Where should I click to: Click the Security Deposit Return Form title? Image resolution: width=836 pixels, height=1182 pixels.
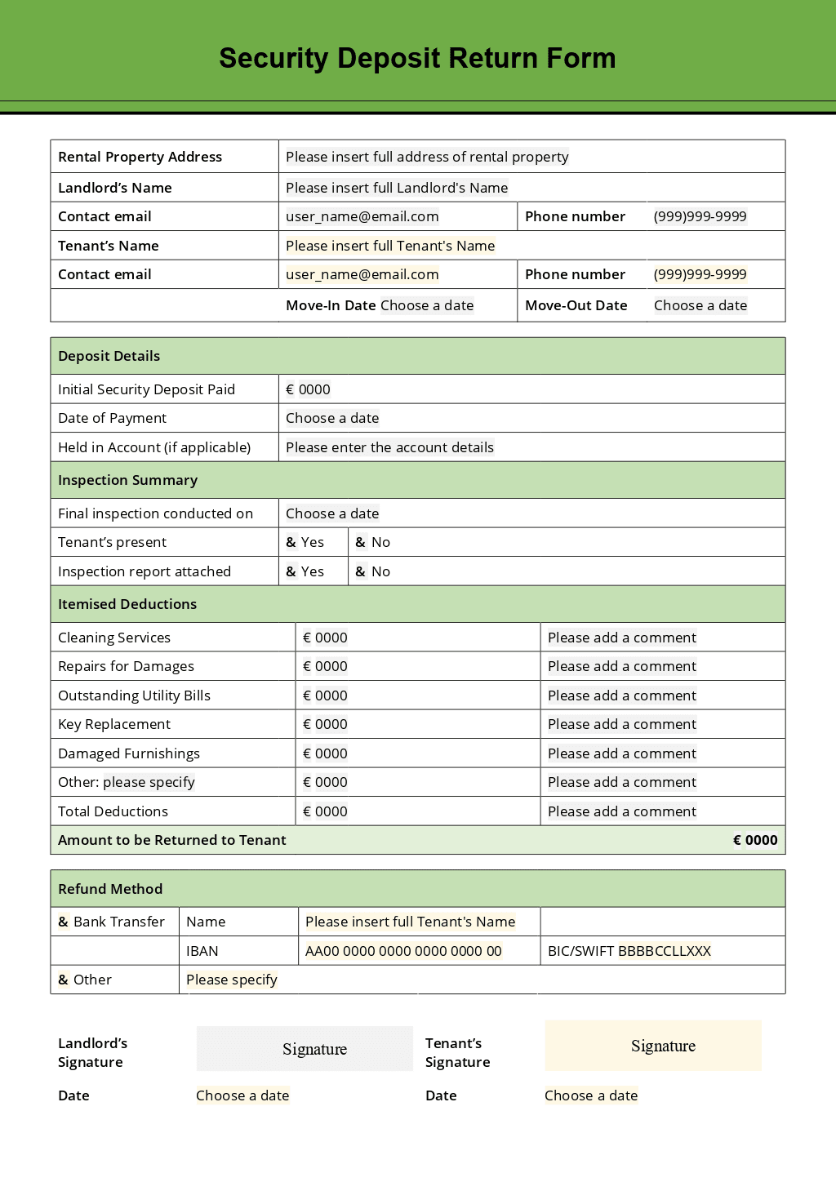[417, 58]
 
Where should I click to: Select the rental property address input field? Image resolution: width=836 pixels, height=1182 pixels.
[427, 157]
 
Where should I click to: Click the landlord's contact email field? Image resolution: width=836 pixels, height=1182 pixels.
[362, 216]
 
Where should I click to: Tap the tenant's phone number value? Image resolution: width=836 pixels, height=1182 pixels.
[700, 274]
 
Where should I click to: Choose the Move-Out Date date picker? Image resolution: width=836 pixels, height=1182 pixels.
[700, 305]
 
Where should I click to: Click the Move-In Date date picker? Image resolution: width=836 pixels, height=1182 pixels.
[427, 305]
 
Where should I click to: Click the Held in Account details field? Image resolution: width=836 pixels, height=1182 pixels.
[389, 447]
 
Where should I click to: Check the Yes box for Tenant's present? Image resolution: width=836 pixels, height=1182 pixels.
[291, 542]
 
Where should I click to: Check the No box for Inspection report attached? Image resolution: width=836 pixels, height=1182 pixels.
[361, 571]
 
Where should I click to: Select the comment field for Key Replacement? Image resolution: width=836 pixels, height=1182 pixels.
[621, 724]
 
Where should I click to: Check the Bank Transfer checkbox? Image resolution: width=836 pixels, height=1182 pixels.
[64, 922]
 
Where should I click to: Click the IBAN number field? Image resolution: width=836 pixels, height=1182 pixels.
[403, 951]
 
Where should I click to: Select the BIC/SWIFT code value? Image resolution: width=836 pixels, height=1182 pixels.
[664, 951]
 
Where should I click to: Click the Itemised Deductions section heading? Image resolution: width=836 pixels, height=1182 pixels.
[127, 604]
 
